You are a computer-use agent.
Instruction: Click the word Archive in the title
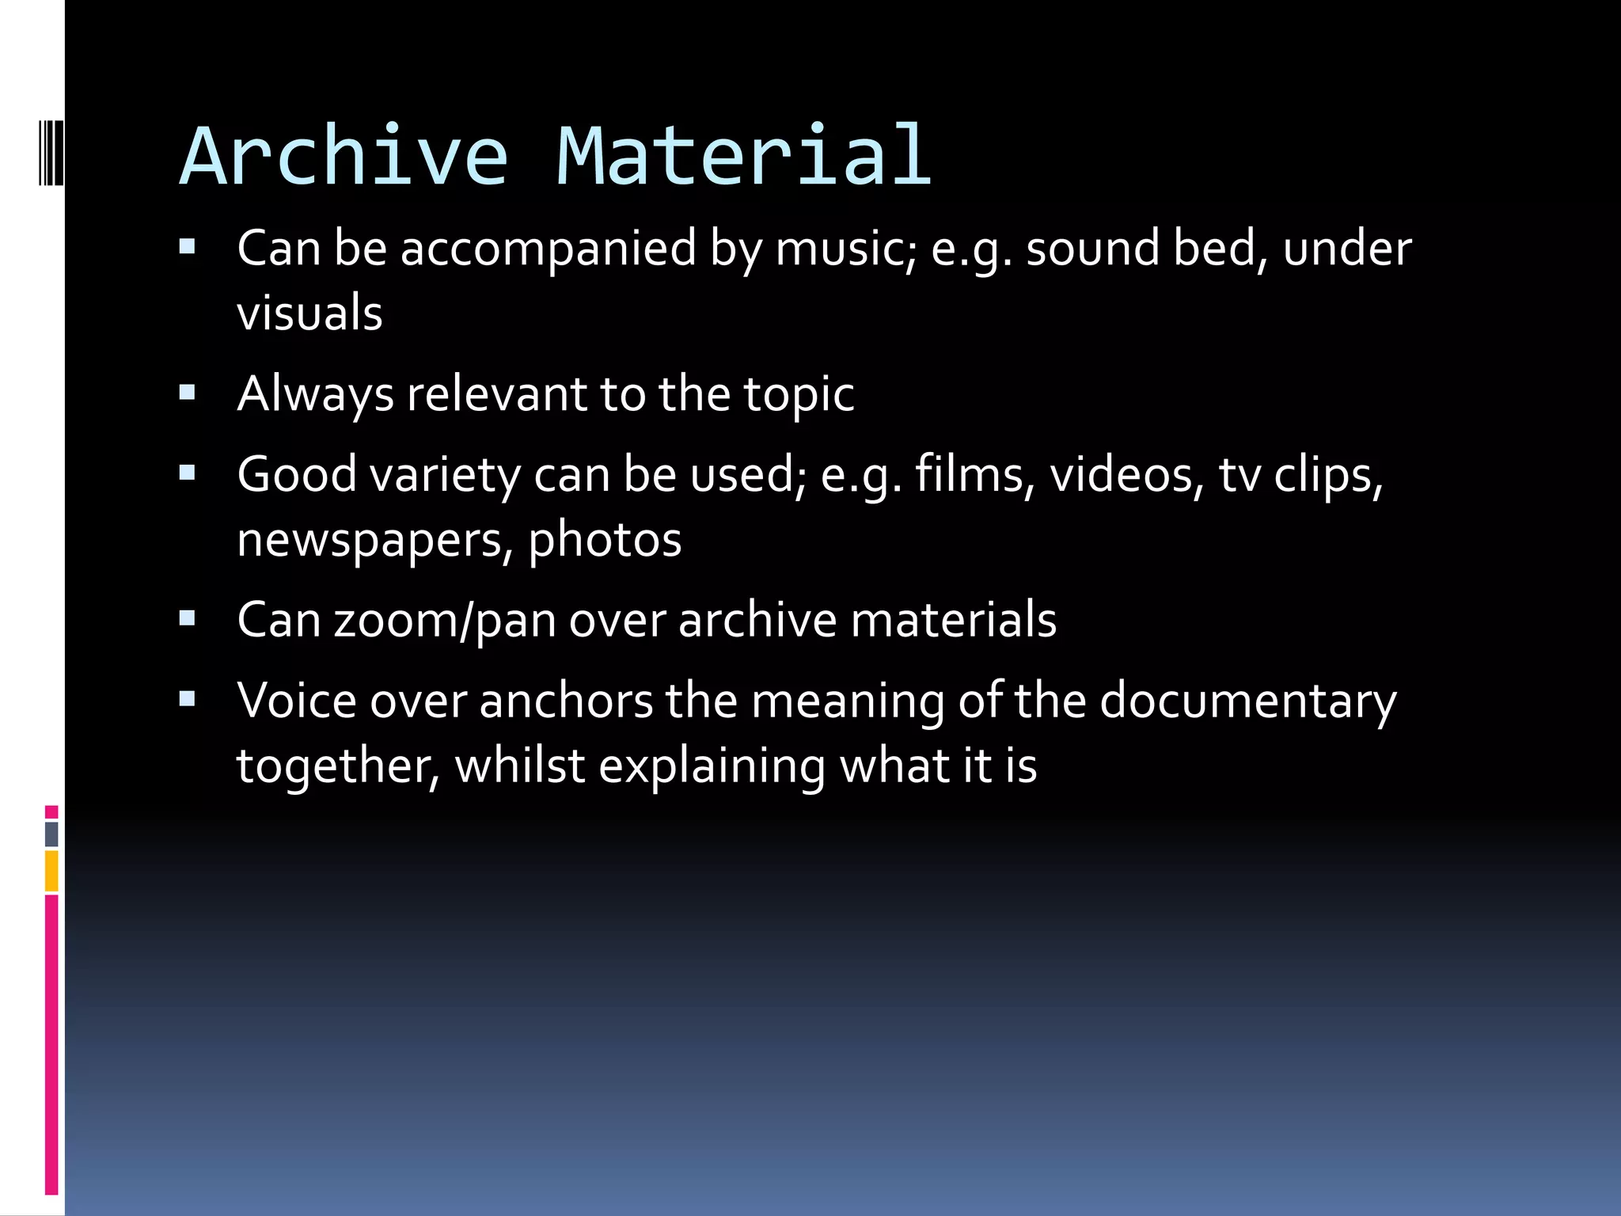(x=344, y=157)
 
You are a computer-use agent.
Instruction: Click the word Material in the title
(x=744, y=157)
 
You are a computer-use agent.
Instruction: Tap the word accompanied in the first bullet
(x=548, y=249)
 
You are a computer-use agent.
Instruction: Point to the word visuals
(x=309, y=312)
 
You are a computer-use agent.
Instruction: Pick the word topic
(x=799, y=395)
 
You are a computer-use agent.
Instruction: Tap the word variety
(x=445, y=475)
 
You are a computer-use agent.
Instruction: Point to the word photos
(x=605, y=541)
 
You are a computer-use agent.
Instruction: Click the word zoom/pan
(x=444, y=620)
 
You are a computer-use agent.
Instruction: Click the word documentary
(x=1247, y=701)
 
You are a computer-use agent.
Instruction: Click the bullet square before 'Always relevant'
(x=188, y=392)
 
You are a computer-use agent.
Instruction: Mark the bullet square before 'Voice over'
(x=188, y=699)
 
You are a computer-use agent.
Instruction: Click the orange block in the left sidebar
(x=51, y=870)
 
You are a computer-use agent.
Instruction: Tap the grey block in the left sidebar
(x=51, y=834)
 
